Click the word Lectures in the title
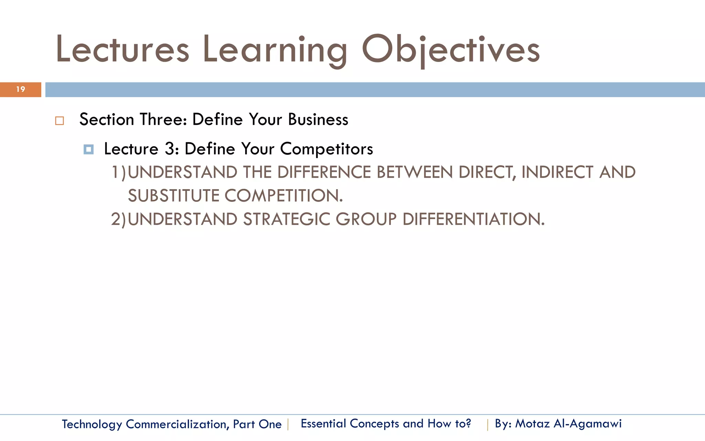(x=123, y=50)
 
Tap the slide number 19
(x=21, y=90)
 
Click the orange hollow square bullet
(x=60, y=121)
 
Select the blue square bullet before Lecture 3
(x=88, y=150)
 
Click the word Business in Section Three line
(x=318, y=120)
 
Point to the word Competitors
(x=326, y=149)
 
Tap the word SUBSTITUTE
(x=173, y=196)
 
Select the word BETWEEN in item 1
(x=414, y=172)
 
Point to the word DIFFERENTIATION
(x=473, y=219)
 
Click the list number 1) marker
(x=119, y=172)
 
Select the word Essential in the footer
(x=323, y=423)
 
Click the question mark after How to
(x=468, y=423)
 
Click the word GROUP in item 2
(x=366, y=219)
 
